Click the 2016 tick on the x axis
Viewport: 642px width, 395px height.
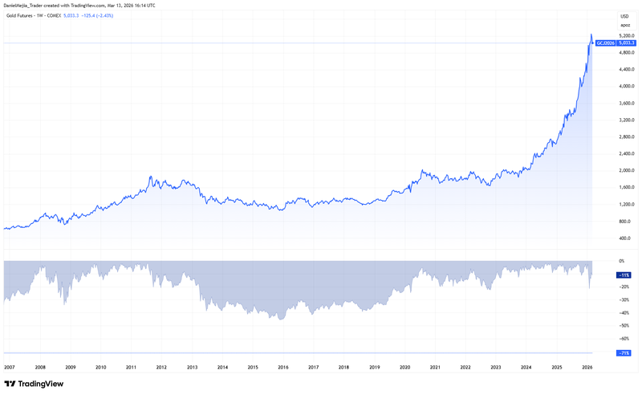282,367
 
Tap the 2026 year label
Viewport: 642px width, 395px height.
587,367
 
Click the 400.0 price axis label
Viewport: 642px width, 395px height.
624,238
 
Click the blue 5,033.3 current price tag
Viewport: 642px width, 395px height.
627,43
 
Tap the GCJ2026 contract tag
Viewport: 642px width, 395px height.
604,43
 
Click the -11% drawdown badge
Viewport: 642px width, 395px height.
623,275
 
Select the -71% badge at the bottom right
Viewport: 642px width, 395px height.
623,352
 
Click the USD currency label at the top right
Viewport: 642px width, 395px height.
624,16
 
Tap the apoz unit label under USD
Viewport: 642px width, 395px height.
624,25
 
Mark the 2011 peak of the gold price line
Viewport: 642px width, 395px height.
150,176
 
